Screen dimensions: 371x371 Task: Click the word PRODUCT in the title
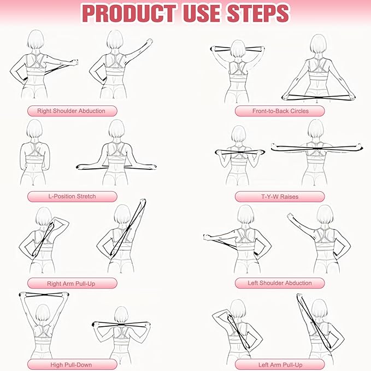pos(128,13)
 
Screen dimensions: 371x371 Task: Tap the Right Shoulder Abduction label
pos(71,111)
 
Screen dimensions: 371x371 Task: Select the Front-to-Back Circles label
pos(280,111)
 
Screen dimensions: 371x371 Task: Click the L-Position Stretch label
pos(72,196)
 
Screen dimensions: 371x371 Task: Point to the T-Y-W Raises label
pos(280,196)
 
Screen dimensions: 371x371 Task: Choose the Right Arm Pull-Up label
pos(72,283)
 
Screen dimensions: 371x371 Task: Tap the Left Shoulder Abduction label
pos(280,283)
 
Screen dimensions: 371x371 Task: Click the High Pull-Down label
pos(72,364)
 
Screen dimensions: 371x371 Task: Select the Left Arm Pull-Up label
pos(280,364)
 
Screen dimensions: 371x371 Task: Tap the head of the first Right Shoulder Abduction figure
pos(36,41)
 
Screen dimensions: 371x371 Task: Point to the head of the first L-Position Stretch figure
pos(35,131)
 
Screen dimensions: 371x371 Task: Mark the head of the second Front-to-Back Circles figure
pos(319,46)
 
